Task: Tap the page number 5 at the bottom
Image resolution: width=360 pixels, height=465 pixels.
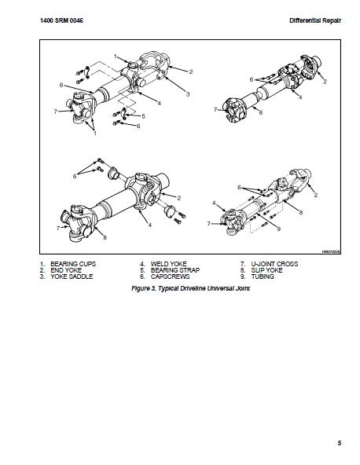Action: coord(340,443)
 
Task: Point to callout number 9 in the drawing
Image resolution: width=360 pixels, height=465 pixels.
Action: coord(279,228)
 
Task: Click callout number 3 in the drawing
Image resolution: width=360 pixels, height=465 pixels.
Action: coord(188,94)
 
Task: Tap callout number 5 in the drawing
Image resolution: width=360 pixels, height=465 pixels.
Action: coord(143,116)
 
